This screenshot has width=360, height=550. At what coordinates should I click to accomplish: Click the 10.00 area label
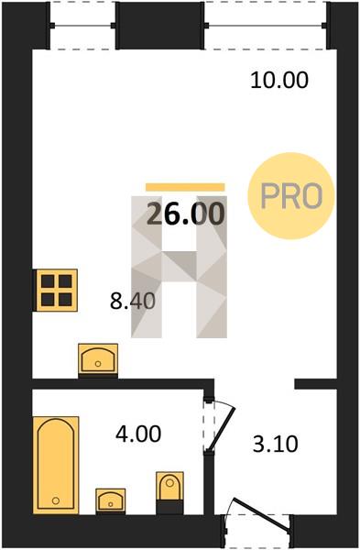(x=279, y=80)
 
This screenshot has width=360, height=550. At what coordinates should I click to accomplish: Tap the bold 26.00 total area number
(x=185, y=214)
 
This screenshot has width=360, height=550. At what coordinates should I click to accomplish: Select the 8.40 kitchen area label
(x=133, y=301)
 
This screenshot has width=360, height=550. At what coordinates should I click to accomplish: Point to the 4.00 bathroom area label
(x=138, y=434)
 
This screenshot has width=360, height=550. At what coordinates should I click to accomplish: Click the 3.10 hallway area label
(x=276, y=444)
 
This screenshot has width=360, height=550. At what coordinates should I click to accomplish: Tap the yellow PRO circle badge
(x=291, y=196)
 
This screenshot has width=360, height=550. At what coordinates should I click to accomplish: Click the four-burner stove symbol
(x=57, y=291)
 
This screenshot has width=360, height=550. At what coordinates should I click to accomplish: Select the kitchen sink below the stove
(x=98, y=359)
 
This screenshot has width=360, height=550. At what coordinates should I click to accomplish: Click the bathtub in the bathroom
(x=56, y=465)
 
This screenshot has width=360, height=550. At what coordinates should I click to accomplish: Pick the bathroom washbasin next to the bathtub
(x=111, y=500)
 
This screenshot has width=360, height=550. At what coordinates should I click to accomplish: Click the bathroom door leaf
(x=221, y=429)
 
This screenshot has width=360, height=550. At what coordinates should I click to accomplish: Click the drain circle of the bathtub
(x=55, y=500)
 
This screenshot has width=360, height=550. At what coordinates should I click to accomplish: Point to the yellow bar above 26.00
(x=185, y=187)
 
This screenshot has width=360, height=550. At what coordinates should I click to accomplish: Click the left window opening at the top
(x=83, y=26)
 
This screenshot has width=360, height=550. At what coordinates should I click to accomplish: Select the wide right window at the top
(x=266, y=26)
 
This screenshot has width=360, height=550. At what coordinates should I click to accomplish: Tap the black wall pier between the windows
(x=160, y=26)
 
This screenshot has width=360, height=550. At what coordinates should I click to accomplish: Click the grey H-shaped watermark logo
(x=180, y=267)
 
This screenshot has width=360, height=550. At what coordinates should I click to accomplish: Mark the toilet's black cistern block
(x=169, y=507)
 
